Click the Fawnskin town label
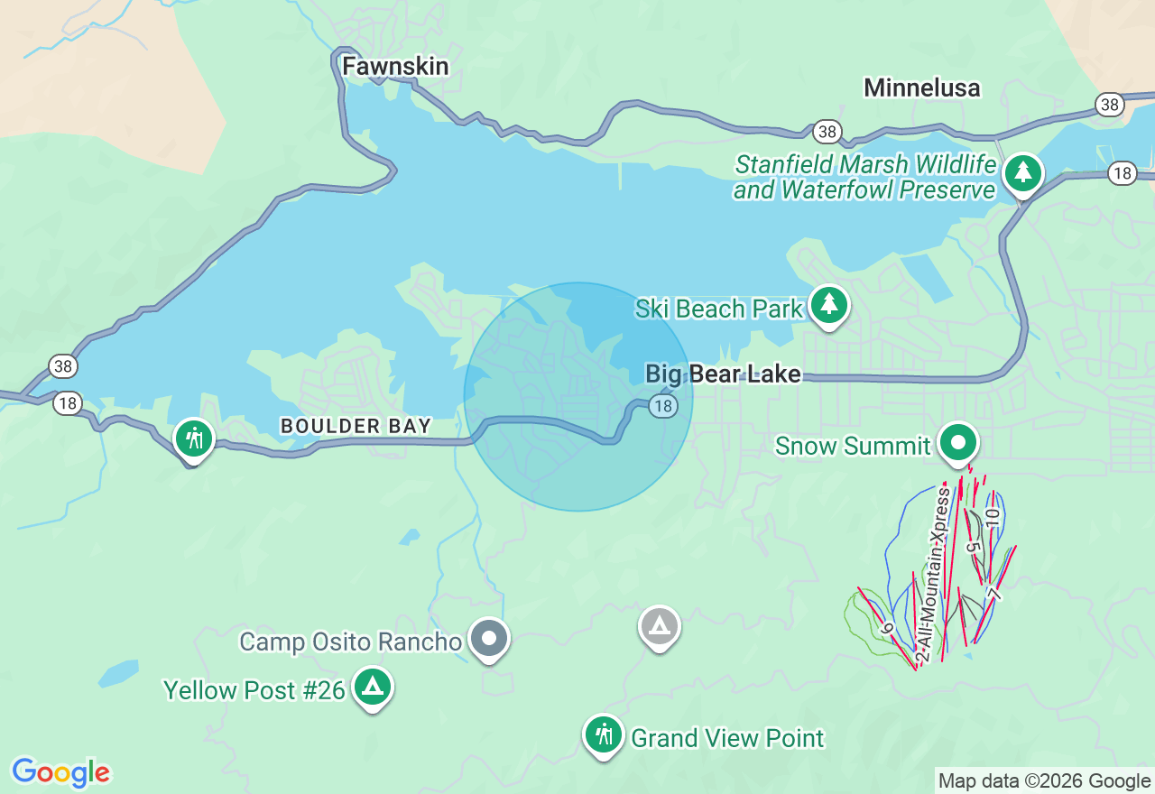tap(395, 67)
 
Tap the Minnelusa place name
tap(921, 88)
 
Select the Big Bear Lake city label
tap(723, 374)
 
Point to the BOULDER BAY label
tap(356, 426)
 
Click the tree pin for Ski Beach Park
tap(828, 305)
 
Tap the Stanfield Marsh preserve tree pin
tap(1022, 171)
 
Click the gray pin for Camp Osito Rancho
tap(489, 639)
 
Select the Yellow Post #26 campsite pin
tap(372, 688)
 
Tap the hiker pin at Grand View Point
tap(603, 735)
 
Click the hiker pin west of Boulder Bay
tap(194, 439)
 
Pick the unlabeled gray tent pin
tap(660, 625)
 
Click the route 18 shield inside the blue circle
tap(663, 406)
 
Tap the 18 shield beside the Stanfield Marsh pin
tap(1123, 173)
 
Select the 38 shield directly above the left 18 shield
tap(62, 366)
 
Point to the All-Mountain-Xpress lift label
tap(934, 577)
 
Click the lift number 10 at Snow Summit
tap(993, 518)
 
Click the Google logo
tap(60, 772)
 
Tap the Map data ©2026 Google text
tap(1044, 781)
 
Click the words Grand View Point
tap(726, 738)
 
